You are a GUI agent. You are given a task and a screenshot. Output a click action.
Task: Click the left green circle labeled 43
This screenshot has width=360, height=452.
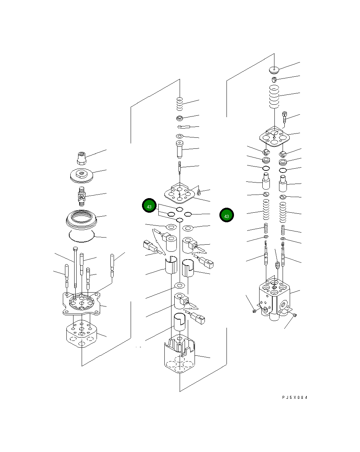(x=149, y=206)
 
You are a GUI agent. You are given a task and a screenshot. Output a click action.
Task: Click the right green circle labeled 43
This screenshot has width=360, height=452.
(x=227, y=216)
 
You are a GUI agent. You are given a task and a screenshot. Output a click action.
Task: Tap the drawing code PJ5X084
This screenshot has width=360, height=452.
(x=295, y=397)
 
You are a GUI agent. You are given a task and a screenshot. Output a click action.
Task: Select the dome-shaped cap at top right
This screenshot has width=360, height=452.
(x=274, y=69)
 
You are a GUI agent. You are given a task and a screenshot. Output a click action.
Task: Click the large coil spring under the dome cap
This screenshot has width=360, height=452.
(x=274, y=97)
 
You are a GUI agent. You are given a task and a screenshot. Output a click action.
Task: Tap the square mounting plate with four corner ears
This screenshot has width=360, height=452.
(x=82, y=303)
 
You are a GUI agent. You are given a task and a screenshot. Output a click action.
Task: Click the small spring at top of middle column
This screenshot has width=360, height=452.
(x=180, y=104)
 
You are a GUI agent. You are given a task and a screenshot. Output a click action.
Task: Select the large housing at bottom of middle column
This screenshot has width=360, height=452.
(x=180, y=357)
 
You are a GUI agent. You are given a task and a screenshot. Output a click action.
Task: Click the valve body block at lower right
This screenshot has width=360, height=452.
(x=274, y=298)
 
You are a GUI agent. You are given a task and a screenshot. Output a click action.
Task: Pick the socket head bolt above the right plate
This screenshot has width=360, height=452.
(x=284, y=118)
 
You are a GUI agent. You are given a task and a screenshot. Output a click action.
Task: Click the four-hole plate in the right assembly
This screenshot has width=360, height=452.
(x=274, y=137)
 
